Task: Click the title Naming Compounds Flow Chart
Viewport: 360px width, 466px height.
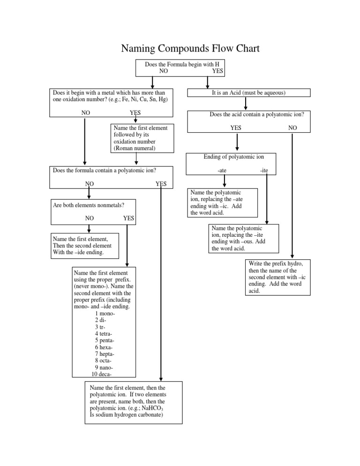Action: tap(190, 48)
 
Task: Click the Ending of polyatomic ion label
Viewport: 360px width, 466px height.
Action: tap(231, 157)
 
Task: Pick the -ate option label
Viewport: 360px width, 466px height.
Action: tap(223, 171)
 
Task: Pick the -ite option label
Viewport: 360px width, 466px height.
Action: tap(264, 171)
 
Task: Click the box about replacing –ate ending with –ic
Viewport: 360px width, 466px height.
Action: tap(223, 203)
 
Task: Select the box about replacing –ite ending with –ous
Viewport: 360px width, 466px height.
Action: tap(244, 238)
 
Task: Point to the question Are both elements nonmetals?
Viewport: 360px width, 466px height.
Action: tap(88, 204)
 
